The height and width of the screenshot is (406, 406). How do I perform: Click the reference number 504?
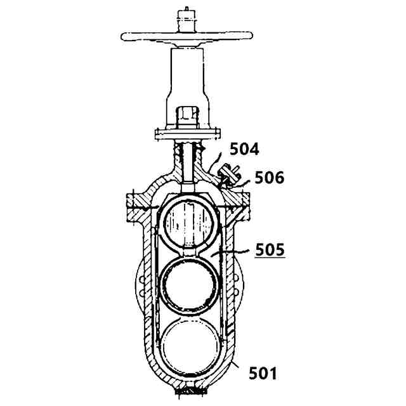coord(244,149)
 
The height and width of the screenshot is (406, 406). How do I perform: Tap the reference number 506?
coord(269,178)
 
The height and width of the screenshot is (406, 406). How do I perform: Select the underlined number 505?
coord(270,249)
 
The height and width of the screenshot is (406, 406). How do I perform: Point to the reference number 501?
coord(263,374)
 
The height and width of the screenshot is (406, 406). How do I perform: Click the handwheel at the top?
coord(186,36)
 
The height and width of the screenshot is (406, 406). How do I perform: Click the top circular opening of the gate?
coord(188,223)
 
